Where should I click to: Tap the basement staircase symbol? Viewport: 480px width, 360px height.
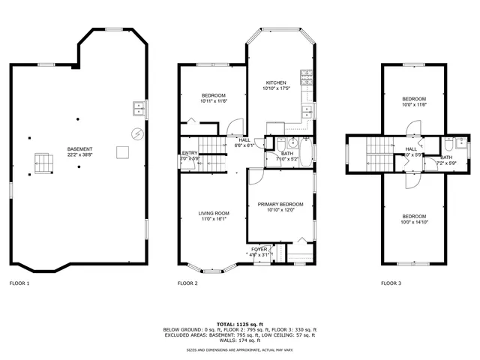pos(44,162)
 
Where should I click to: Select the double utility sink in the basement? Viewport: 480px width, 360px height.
pos(139,107)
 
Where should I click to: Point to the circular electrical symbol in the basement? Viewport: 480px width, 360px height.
pos(136,133)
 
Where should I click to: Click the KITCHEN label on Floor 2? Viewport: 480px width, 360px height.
pos(276,82)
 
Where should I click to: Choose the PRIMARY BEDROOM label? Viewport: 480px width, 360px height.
pos(280,205)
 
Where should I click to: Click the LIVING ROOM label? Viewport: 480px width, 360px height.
pos(214,214)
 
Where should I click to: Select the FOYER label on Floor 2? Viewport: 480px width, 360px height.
pos(259,248)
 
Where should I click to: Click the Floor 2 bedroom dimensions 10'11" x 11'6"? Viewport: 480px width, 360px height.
pos(214,101)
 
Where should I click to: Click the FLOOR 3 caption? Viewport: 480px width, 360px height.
pos(391,283)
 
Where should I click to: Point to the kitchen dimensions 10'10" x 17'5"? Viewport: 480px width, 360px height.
pos(276,88)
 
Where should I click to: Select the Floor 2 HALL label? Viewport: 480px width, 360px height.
pos(244,139)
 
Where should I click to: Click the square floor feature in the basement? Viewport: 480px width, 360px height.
pos(122,153)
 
